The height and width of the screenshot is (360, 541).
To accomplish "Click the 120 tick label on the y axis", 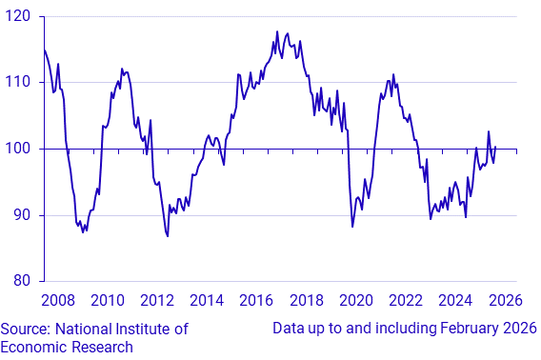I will point(16,17).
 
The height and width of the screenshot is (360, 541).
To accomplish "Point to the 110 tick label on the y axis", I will point(16,83).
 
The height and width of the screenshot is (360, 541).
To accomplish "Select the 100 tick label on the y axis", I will point(16,150).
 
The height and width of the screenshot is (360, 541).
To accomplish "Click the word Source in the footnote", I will point(26,329).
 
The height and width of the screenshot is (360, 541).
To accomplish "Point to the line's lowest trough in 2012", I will point(168,236).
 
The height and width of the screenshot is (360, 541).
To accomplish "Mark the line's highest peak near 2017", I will point(276,31).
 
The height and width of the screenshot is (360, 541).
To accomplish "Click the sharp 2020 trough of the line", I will point(352,227).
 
